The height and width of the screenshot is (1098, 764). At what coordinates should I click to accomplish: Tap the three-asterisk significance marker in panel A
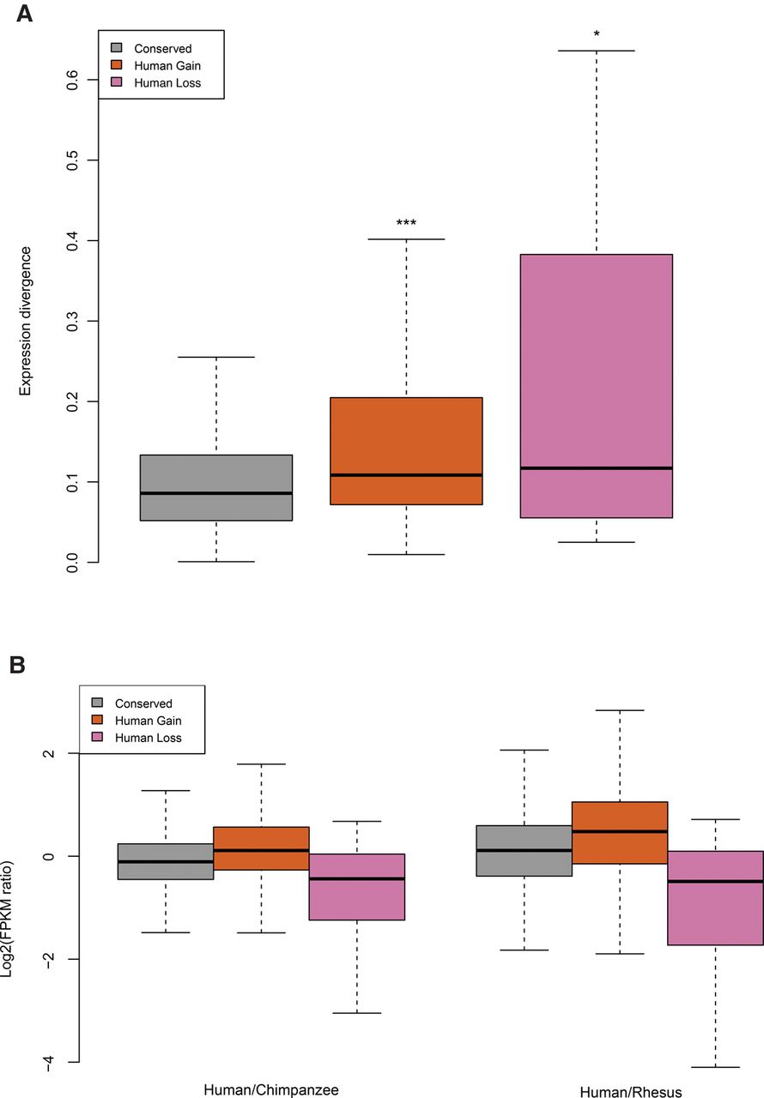click(406, 225)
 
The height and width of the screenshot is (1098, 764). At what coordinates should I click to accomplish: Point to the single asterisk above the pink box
click(597, 34)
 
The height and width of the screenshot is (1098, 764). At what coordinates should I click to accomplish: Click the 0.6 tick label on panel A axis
click(70, 80)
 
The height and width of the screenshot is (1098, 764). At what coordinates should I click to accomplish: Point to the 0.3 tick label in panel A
click(70, 321)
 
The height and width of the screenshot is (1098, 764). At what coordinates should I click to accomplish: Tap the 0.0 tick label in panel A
click(70, 562)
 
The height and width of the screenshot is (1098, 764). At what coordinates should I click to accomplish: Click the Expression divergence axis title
click(26, 321)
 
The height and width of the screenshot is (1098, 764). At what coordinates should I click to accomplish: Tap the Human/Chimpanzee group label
click(271, 1090)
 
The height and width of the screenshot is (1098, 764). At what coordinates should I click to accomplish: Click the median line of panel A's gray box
click(216, 493)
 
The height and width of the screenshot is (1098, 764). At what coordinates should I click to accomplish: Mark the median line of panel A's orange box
click(406, 475)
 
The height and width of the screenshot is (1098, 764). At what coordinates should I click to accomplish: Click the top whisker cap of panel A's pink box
click(597, 51)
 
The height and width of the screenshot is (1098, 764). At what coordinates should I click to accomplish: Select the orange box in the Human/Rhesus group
click(620, 832)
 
